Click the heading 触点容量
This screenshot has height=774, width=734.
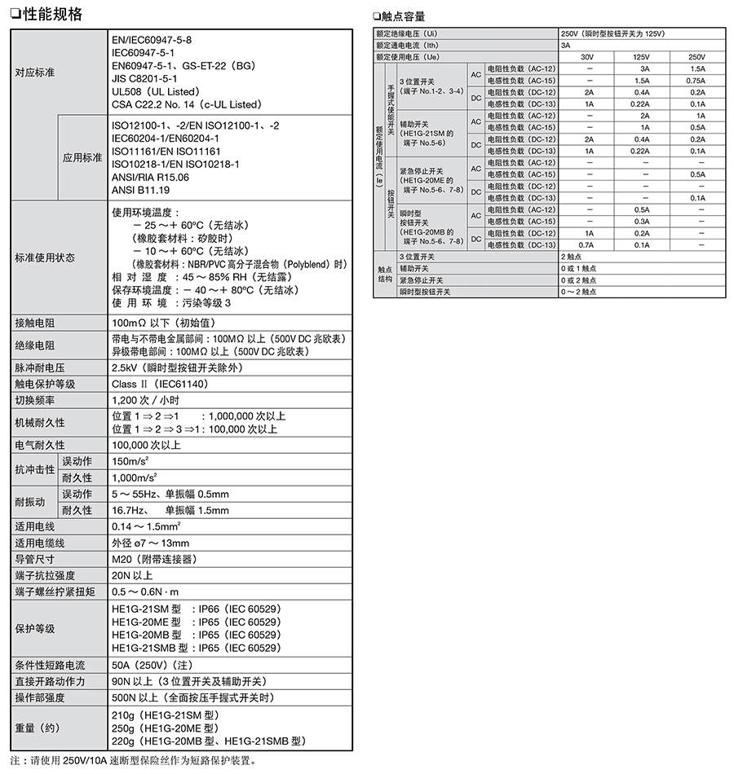pyautogui.click(x=403, y=16)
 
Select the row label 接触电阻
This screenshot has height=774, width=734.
pyautogui.click(x=35, y=323)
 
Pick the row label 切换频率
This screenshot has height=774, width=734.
pyautogui.click(x=35, y=400)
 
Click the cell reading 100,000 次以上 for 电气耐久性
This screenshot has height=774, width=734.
pyautogui.click(x=146, y=446)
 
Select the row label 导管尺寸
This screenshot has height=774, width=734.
pyautogui.click(x=35, y=559)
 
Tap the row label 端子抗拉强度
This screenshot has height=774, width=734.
pyautogui.click(x=45, y=575)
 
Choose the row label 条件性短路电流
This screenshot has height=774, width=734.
pyautogui.click(x=50, y=665)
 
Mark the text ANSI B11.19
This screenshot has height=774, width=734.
pyautogui.click(x=140, y=189)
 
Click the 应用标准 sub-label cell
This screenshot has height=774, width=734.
pyautogui.click(x=82, y=157)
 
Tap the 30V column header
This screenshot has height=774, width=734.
pyautogui.click(x=587, y=57)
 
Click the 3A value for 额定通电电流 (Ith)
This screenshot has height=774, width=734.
pyautogui.click(x=565, y=46)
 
